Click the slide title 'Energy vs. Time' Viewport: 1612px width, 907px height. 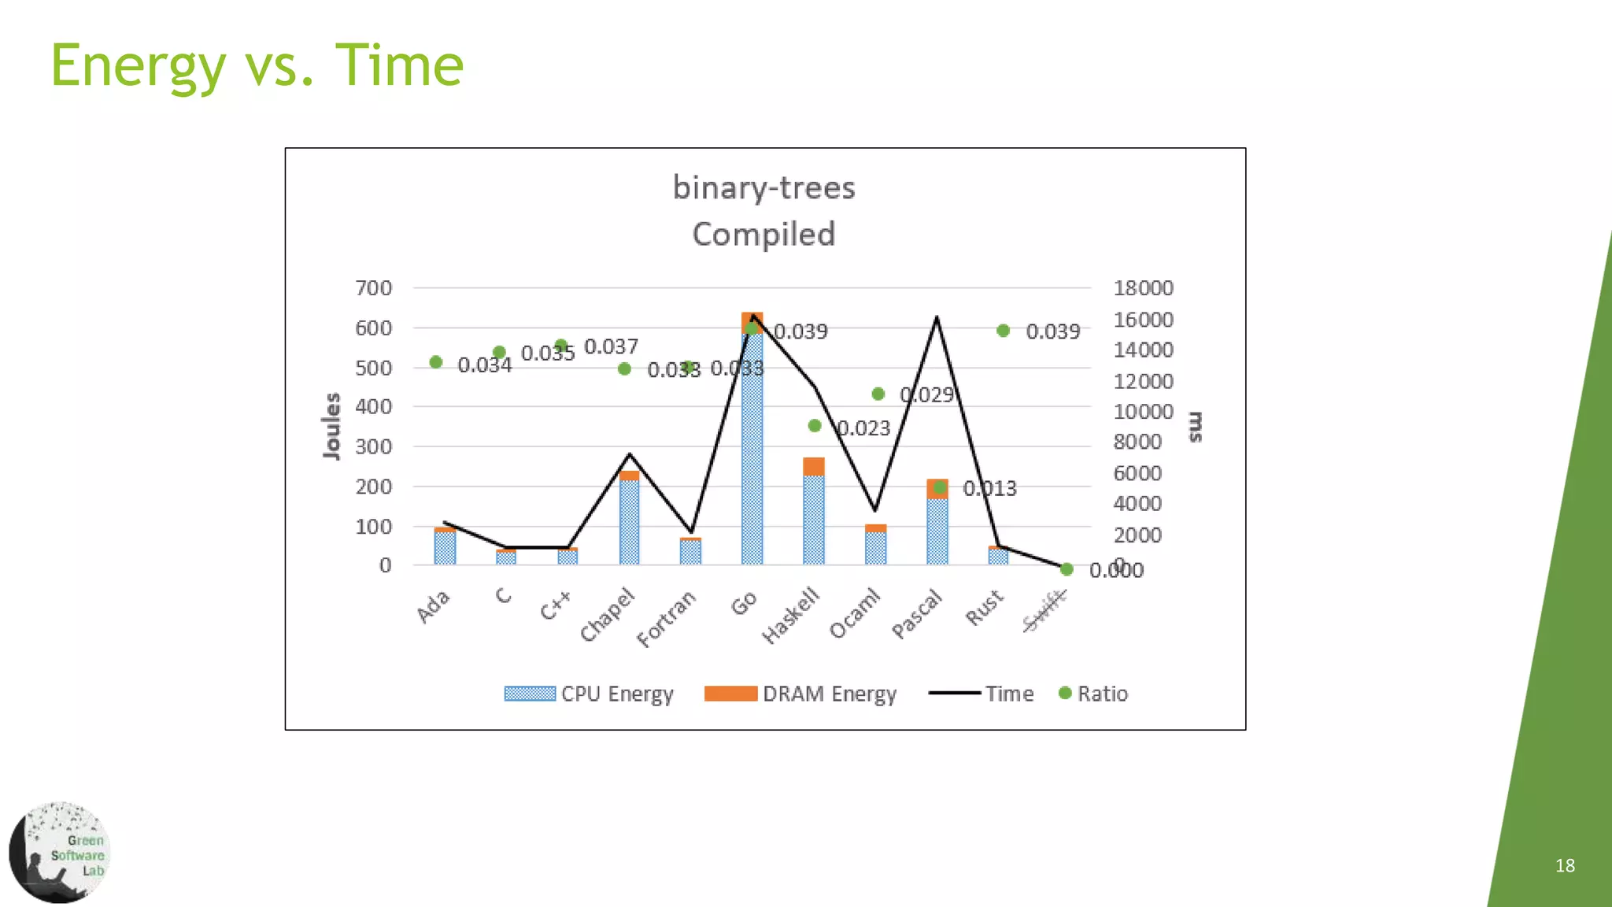257,66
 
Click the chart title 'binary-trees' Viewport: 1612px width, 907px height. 763,187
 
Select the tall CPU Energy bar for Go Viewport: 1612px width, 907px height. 752,449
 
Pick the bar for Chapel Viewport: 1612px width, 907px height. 629,520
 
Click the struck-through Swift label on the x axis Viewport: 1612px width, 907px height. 1044,611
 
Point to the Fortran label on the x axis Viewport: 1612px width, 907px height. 666,619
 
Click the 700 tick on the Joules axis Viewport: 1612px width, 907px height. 373,288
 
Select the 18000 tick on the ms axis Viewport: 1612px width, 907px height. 1142,288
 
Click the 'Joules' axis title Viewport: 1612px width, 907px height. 332,426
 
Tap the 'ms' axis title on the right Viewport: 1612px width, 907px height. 1196,426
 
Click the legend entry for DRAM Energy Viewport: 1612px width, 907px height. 800,694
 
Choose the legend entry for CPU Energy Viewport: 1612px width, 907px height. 589,694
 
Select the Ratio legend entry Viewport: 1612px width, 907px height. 1093,694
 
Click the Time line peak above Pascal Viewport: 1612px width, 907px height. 937,317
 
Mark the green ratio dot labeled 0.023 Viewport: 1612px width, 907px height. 815,426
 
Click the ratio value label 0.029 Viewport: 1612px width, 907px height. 926,394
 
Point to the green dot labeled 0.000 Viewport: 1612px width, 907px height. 1067,569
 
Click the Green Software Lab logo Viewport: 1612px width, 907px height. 60,853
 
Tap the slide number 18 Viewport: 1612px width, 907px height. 1565,865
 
